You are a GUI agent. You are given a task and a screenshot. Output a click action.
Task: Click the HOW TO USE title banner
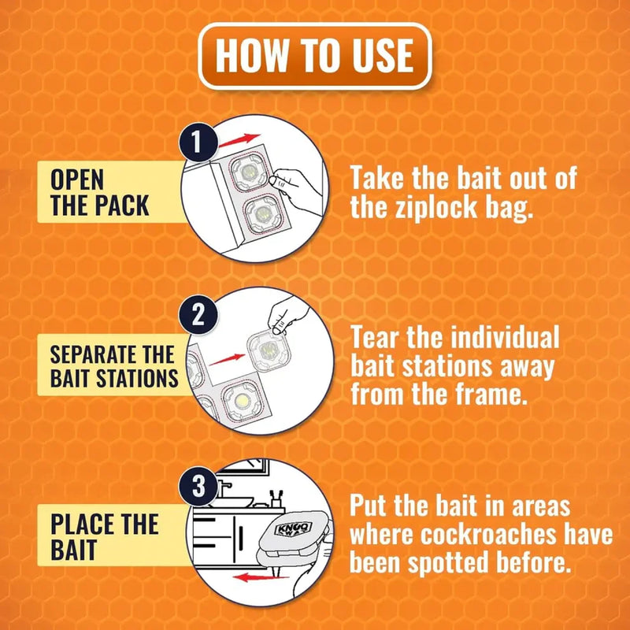coord(314,56)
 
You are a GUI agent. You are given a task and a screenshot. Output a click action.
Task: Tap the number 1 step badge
coord(198,142)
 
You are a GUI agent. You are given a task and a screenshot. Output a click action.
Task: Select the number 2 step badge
coord(198,314)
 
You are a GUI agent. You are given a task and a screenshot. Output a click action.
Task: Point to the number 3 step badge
coord(198,486)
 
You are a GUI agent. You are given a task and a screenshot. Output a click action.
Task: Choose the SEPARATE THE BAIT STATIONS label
coord(113,365)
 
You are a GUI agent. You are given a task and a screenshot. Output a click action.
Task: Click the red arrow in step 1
coord(239,140)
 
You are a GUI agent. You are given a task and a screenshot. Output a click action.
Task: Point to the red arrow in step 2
coord(227,359)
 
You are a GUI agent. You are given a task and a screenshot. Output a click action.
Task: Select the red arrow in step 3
coord(261,578)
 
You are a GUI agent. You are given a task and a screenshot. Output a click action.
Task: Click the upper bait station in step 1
coord(248,172)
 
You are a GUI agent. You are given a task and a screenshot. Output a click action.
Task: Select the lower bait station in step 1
coord(263,214)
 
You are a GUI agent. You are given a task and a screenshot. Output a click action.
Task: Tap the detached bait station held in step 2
coord(269,350)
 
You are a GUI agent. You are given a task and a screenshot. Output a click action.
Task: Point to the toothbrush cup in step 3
coord(277,498)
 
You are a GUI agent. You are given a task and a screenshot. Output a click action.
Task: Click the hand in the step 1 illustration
coord(298,189)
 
